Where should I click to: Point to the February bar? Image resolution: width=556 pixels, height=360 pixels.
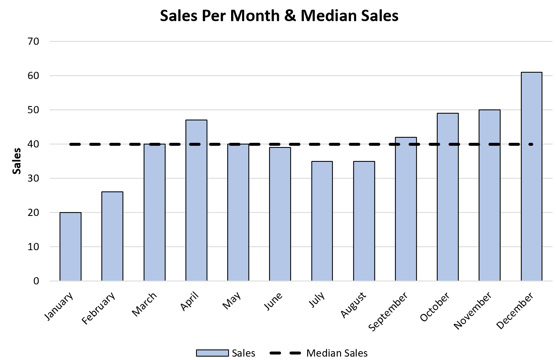(x=112, y=236)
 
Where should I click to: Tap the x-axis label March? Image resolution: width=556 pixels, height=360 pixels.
(x=145, y=304)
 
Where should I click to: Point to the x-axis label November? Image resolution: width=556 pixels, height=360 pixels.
(x=473, y=311)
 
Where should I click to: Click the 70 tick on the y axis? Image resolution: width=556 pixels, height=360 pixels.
(x=34, y=41)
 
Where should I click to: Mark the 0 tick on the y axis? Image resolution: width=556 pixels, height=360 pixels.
(x=37, y=281)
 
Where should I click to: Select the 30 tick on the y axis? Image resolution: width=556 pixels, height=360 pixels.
(x=34, y=178)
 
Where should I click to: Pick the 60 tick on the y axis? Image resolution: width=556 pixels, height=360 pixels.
(x=34, y=76)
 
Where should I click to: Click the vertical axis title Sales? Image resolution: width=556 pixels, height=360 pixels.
(x=17, y=161)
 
